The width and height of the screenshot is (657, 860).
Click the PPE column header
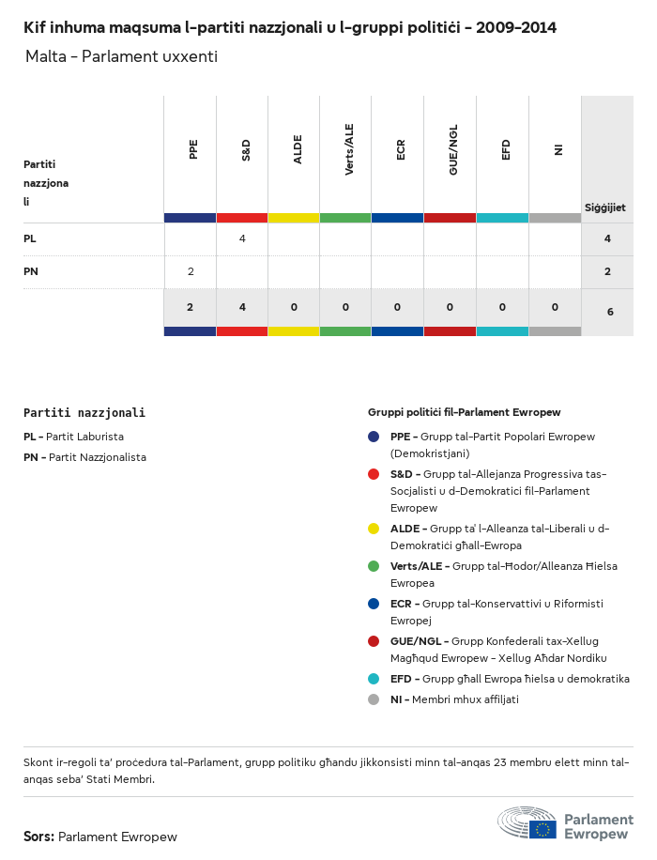click(x=193, y=149)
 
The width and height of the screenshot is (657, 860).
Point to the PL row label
click(x=30, y=239)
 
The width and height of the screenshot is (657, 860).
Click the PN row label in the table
click(x=31, y=271)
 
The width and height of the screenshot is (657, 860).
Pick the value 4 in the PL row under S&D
click(x=242, y=239)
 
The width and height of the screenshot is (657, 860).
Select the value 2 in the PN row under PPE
click(x=191, y=271)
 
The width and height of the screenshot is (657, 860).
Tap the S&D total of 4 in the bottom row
click(x=242, y=307)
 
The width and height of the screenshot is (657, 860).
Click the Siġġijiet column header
click(x=605, y=207)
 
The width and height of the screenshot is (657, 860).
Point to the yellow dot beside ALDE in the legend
click(x=374, y=529)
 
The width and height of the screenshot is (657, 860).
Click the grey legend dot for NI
click(x=374, y=699)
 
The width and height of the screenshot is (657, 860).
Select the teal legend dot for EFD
click(x=374, y=679)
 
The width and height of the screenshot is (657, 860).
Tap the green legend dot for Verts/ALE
click(x=374, y=566)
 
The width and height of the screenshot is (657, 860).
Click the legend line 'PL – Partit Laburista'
click(x=73, y=437)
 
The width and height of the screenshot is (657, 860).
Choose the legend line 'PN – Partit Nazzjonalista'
click(x=84, y=457)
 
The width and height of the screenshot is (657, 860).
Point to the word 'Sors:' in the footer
click(x=38, y=837)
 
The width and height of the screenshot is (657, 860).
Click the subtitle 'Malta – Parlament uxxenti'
click(x=121, y=57)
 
